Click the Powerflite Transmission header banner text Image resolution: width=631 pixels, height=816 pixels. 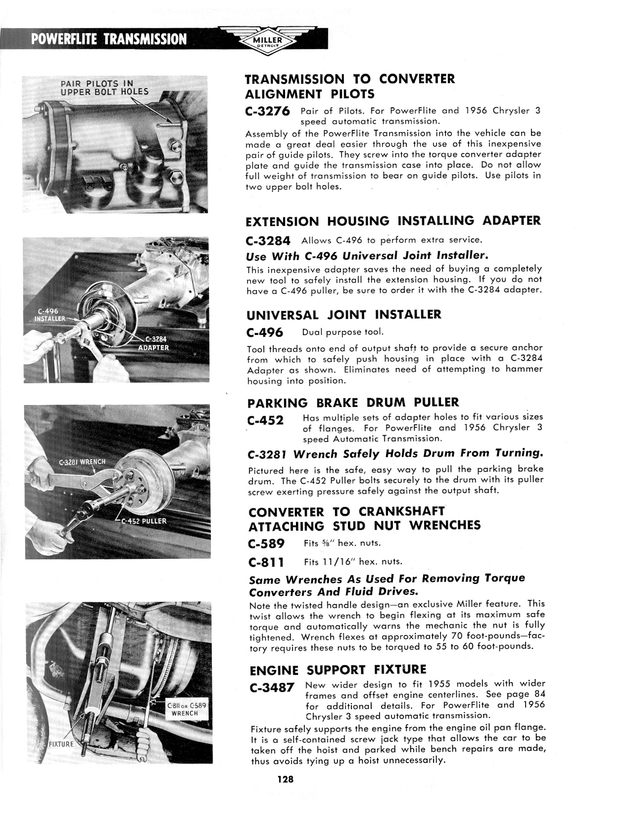coord(109,39)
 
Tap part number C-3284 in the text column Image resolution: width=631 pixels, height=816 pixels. coord(268,241)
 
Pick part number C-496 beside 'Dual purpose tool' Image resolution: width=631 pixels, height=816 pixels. coord(265,332)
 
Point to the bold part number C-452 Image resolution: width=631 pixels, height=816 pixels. coord(265,421)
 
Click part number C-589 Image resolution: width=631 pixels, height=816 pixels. coord(267,544)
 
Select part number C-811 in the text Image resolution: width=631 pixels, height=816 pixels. coord(266,562)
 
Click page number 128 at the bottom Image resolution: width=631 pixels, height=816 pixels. coord(286,780)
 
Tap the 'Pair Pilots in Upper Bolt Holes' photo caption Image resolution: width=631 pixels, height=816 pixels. coord(104,88)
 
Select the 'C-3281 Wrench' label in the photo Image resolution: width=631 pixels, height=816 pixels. coord(82,462)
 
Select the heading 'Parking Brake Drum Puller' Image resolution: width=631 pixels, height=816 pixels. coord(353,403)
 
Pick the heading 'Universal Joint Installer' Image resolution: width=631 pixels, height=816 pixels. coord(344,315)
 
